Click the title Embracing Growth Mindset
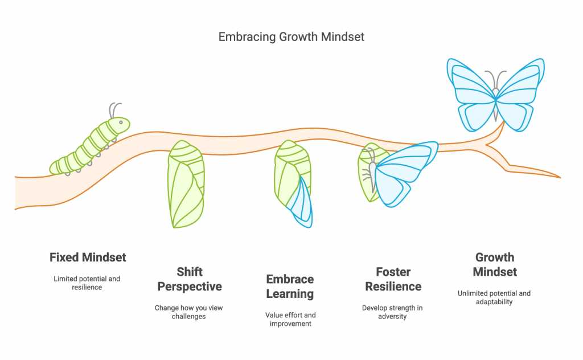(x=291, y=37)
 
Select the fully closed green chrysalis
(x=186, y=183)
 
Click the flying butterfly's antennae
(x=495, y=79)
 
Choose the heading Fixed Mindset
(x=88, y=257)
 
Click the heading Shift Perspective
(x=189, y=279)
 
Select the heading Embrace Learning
(x=290, y=287)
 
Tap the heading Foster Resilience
(x=393, y=279)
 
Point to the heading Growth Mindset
(x=494, y=264)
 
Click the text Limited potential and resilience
(x=87, y=283)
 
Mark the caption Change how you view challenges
(x=189, y=312)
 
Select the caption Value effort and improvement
(x=290, y=319)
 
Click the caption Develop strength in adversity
(x=393, y=312)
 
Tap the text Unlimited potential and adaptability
(x=494, y=297)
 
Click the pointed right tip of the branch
(x=558, y=177)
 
